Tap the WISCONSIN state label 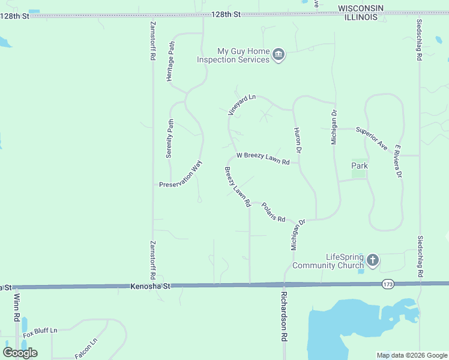(360, 8)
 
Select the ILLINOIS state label (360, 17)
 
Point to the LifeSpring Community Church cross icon (373, 260)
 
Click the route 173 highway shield (387, 283)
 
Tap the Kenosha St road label (151, 287)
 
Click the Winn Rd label (17, 308)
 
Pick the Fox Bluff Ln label (40, 331)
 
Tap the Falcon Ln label (86, 349)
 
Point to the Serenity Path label (170, 139)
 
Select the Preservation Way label (181, 175)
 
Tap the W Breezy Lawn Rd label (263, 158)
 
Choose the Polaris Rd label (273, 211)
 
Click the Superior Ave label (372, 137)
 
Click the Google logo (20, 353)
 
